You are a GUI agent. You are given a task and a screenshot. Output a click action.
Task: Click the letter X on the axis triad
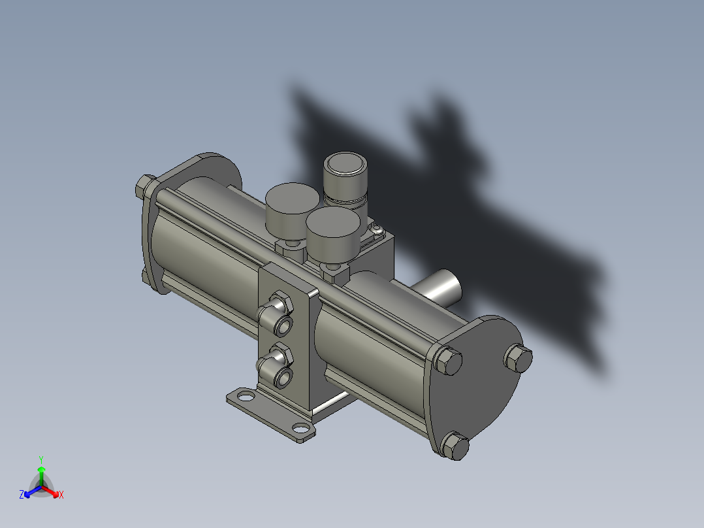(x=61, y=495)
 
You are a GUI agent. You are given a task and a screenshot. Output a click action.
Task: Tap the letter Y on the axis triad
(x=40, y=459)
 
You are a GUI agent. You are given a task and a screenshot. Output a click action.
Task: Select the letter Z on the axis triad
(x=22, y=495)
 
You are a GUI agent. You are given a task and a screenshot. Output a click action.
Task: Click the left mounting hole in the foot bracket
(x=244, y=395)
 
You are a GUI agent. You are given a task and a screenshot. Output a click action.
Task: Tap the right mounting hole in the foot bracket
(x=301, y=429)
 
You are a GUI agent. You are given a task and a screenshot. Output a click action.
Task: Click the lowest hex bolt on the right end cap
(x=455, y=446)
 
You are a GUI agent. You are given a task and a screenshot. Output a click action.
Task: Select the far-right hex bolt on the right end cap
(x=519, y=358)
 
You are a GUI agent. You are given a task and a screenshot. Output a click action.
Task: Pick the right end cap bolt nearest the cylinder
(x=447, y=361)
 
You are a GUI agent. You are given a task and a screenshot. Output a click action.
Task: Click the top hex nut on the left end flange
(x=144, y=187)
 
